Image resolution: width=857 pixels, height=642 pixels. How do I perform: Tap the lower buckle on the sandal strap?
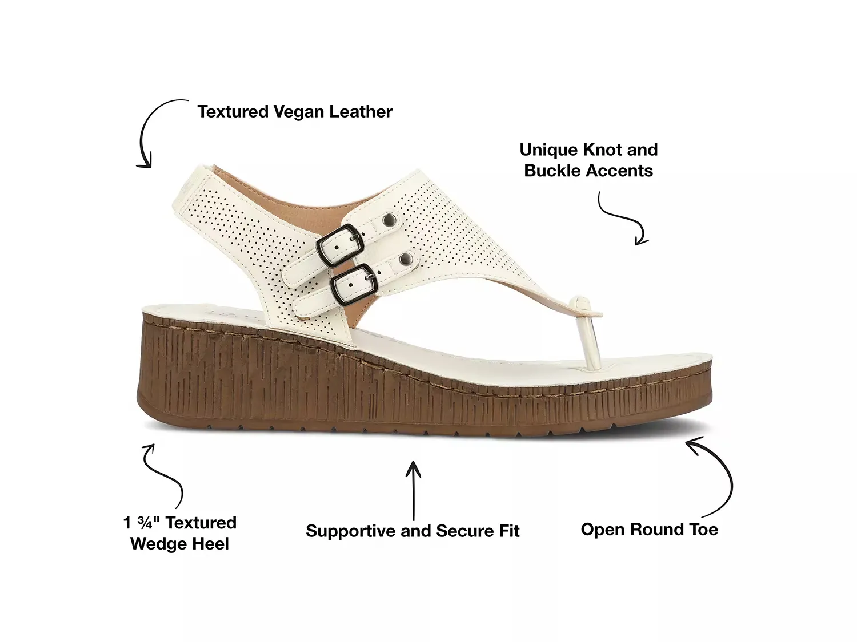tap(354, 285)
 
